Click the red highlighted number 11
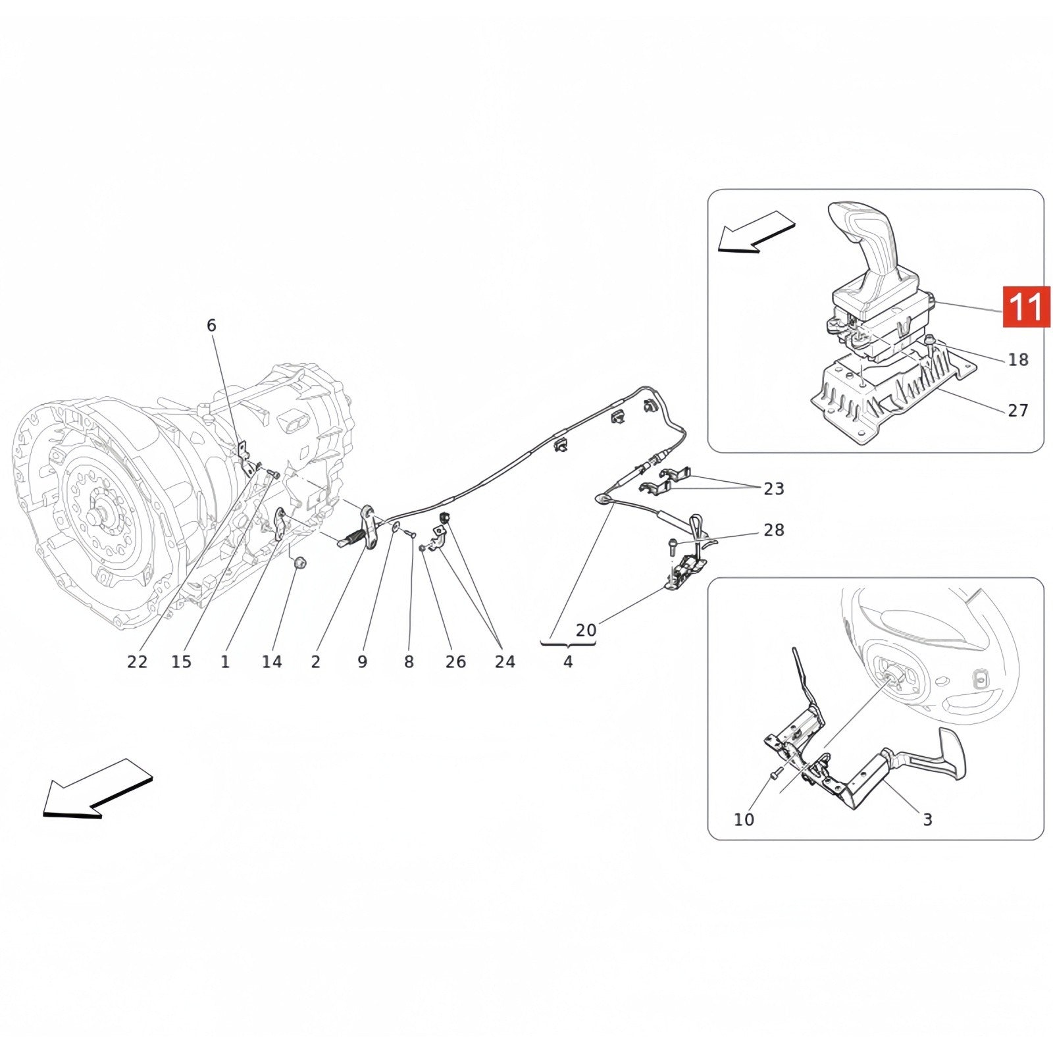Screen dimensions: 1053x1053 [x=1026, y=307]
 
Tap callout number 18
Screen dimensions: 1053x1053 [x=1017, y=360]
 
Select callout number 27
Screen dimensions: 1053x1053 [x=1017, y=411]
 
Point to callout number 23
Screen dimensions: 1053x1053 [x=774, y=488]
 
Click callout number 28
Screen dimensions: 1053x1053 [x=774, y=530]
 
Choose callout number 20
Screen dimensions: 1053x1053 [x=586, y=630]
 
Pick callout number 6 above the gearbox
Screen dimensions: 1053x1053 [x=211, y=325]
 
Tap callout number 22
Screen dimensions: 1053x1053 [x=137, y=661]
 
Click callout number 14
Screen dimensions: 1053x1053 [x=272, y=661]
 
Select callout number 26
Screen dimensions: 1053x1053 [x=455, y=661]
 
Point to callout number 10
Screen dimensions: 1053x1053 [x=744, y=819]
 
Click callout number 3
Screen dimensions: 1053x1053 [x=927, y=819]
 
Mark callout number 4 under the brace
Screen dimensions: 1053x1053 [x=568, y=661]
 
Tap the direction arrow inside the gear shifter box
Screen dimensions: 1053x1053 [x=757, y=232]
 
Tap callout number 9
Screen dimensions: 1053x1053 [x=363, y=661]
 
